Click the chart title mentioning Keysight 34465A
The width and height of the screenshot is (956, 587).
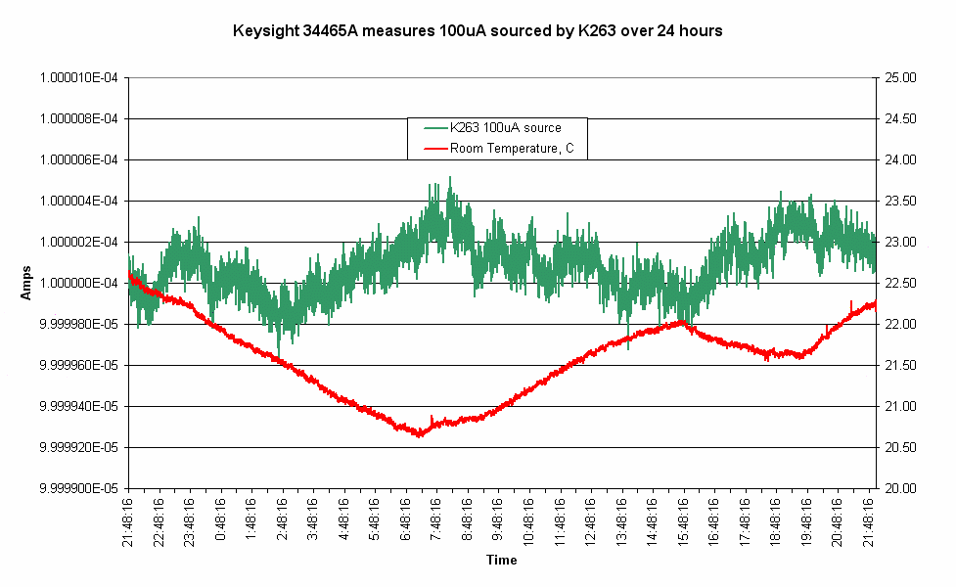pos(478,31)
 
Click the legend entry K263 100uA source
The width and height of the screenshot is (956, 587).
pos(505,128)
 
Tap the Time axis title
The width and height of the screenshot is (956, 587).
pos(501,561)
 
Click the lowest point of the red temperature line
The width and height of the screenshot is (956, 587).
pos(419,435)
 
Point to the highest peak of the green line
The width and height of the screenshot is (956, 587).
pos(450,177)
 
